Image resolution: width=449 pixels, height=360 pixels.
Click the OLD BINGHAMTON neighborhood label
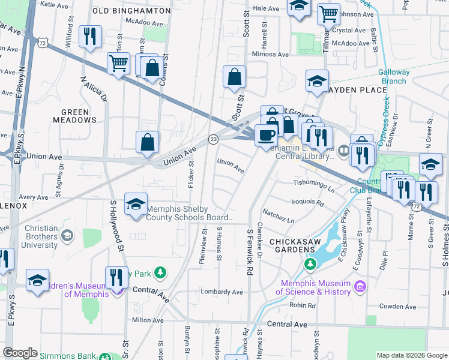[131, 11]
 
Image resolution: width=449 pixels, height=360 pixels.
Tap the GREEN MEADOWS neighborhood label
[79, 116]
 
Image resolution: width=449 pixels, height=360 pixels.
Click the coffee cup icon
[265, 134]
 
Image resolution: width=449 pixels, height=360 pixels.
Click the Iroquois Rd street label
[307, 203]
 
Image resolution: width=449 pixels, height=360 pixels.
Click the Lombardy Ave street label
[221, 292]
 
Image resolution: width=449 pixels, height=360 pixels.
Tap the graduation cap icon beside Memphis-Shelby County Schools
[136, 204]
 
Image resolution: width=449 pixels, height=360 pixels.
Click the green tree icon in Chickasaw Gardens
[310, 263]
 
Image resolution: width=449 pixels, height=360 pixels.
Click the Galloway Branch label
[394, 77]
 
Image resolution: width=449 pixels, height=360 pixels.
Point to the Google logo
[20, 353]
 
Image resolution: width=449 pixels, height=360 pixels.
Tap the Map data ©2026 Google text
[412, 355]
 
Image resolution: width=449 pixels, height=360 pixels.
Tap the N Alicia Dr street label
[93, 91]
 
